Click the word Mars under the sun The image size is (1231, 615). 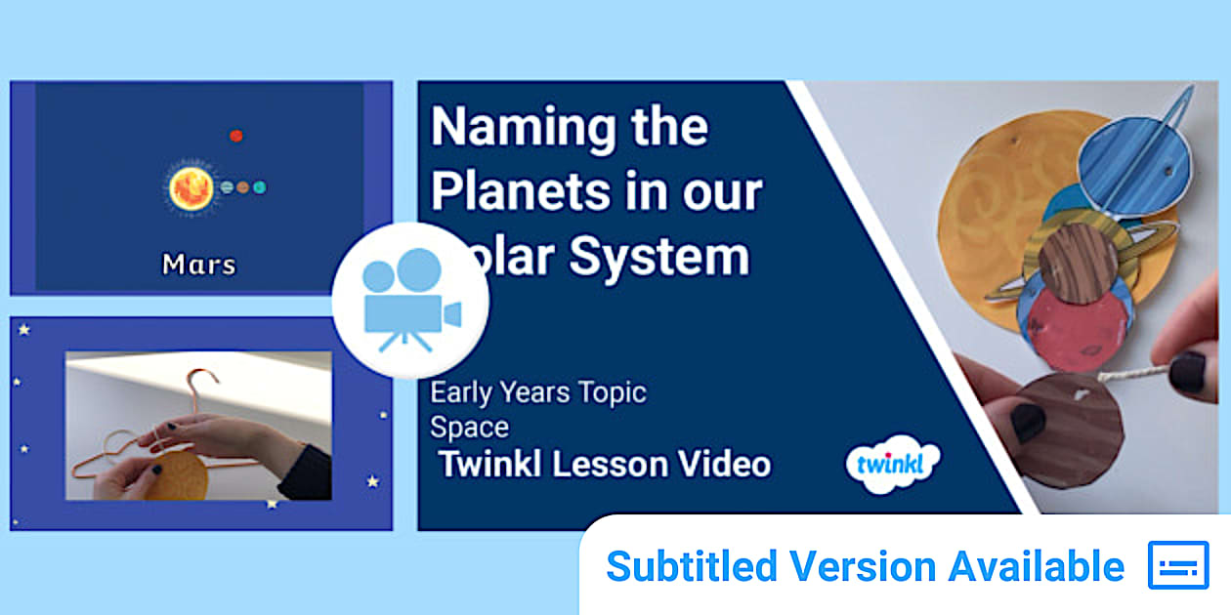pos(198,264)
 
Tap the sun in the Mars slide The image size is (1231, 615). pos(190,185)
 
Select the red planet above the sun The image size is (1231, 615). pos(235,136)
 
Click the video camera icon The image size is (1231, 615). pos(409,300)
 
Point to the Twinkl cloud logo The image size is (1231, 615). pos(892,464)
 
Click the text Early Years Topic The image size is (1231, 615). pos(538,392)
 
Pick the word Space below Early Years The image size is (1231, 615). pos(469,427)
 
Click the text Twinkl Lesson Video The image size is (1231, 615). pos(604,464)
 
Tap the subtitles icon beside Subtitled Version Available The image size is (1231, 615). pos(1177,565)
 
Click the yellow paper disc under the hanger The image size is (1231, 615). pos(181,476)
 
